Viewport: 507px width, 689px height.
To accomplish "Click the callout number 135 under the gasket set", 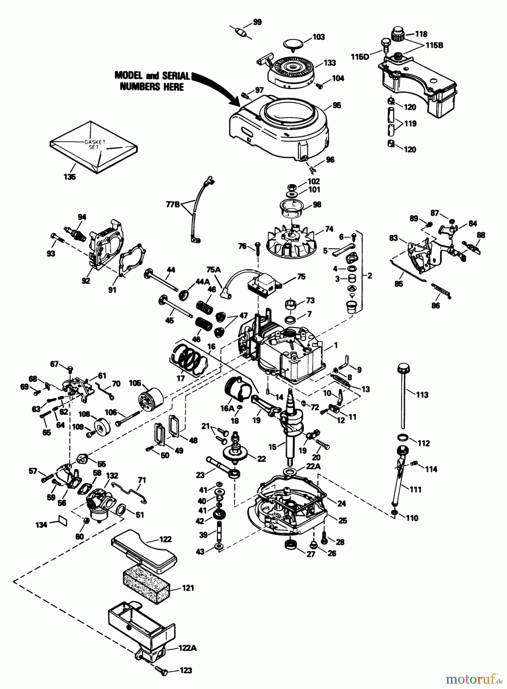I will coord(70,177).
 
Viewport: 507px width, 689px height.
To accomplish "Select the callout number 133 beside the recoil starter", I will coord(329,63).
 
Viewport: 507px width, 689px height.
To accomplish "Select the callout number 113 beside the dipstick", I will coord(422,395).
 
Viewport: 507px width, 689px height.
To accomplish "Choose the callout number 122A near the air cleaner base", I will coord(187,648).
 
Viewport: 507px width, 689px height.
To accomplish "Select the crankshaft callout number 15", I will coord(272,447).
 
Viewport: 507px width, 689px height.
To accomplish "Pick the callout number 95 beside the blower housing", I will coord(337,106).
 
